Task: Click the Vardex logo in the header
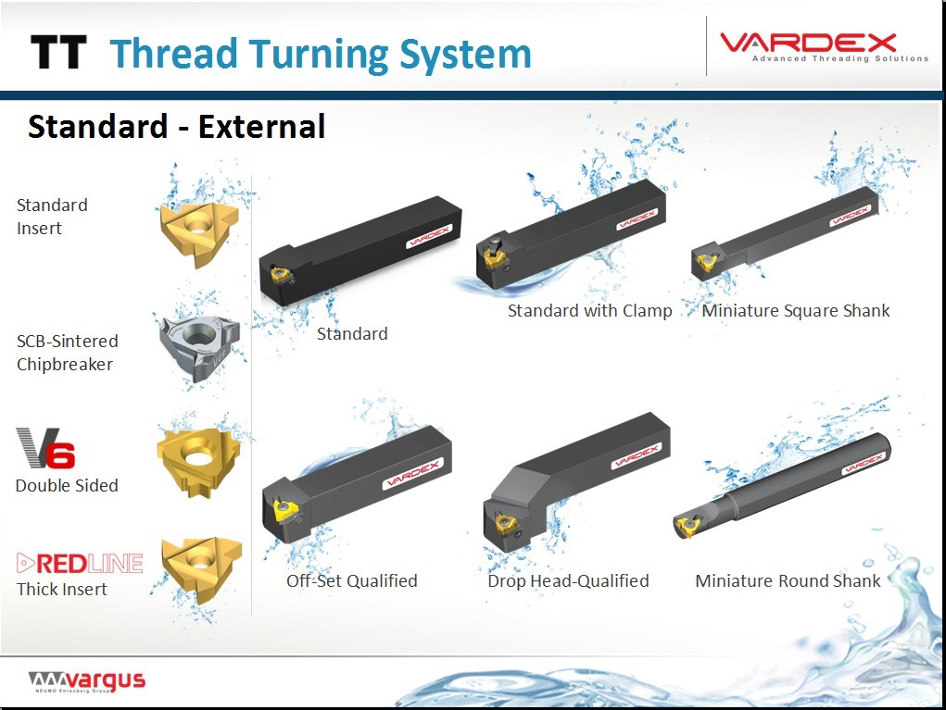coord(824,46)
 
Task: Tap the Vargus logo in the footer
coord(87,681)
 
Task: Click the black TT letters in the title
coord(58,52)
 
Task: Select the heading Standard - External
coord(177,127)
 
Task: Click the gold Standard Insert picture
coord(199,233)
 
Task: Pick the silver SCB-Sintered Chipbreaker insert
coord(200,347)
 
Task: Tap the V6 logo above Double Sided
coord(45,448)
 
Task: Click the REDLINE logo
coord(80,564)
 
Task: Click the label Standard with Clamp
coord(589,310)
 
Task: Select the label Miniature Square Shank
coord(796,310)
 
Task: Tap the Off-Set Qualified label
coord(352,580)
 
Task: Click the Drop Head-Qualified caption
coord(568,580)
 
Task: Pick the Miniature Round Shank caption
coord(788,580)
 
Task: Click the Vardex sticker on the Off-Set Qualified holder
coord(413,474)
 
